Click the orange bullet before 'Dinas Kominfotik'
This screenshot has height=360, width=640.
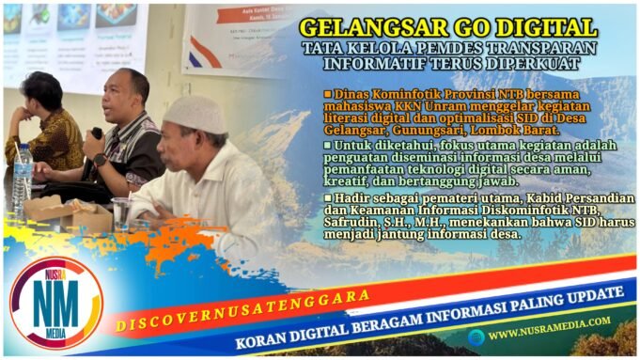327,94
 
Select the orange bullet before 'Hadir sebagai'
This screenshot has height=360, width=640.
327,197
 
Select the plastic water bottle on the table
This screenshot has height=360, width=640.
22,179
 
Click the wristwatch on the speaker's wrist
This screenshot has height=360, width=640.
100,160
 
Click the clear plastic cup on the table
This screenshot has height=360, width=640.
121,212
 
